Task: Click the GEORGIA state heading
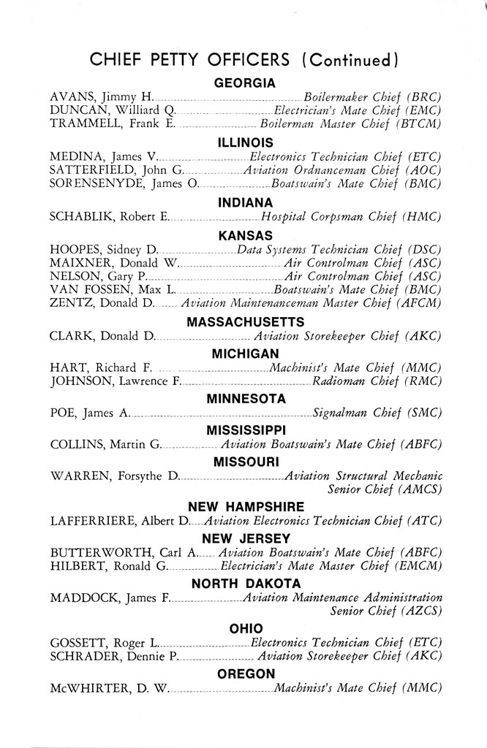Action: [244, 83]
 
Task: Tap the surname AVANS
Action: [73, 97]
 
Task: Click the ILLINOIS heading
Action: [245, 142]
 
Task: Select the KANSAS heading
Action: [245, 235]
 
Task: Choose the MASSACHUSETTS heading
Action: [245, 322]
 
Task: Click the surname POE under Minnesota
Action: [63, 413]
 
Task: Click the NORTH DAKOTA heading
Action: [245, 583]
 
